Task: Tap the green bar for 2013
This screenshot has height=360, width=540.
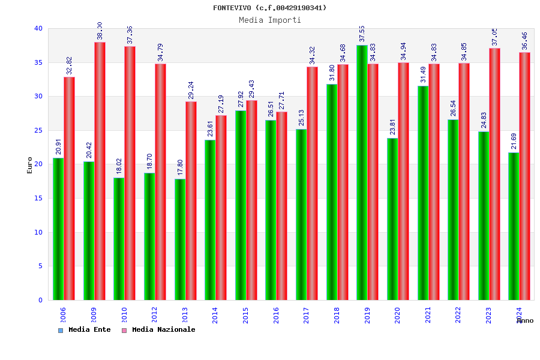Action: point(180,239)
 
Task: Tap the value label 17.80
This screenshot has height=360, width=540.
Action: point(180,169)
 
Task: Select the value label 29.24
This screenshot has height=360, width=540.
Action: point(191,91)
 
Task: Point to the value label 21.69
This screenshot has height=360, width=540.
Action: point(514,142)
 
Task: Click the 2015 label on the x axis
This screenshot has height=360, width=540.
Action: point(246,315)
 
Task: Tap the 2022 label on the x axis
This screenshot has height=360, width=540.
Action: point(458,315)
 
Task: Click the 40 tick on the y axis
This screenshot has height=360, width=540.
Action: point(38,28)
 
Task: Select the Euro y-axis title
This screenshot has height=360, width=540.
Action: point(29,165)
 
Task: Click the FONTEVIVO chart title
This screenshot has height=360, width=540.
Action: point(270,8)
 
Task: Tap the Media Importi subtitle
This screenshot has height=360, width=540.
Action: point(270,20)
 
